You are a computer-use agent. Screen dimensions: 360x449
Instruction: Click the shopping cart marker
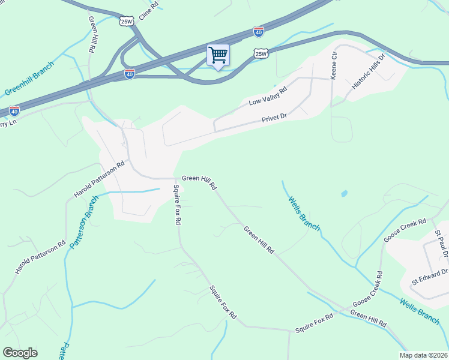(x=218, y=55)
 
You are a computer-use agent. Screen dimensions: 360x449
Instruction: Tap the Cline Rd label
(x=148, y=8)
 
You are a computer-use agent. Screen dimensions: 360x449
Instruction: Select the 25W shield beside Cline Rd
(x=126, y=21)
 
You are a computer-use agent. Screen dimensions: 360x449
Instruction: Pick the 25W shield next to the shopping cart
(x=261, y=54)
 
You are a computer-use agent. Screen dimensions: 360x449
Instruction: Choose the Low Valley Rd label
(x=268, y=97)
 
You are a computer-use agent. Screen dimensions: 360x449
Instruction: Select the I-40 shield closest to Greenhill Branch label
(x=14, y=111)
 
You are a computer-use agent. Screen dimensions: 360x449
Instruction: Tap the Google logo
(x=20, y=353)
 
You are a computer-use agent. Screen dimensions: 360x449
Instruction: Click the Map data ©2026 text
(x=423, y=355)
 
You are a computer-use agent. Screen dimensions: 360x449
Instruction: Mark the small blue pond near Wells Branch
(x=344, y=194)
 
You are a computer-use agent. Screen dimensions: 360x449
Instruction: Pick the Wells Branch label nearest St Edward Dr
(x=420, y=311)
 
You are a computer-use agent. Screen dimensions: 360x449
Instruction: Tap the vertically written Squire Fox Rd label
(x=177, y=204)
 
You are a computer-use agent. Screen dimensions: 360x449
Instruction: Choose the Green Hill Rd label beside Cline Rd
(x=92, y=34)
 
